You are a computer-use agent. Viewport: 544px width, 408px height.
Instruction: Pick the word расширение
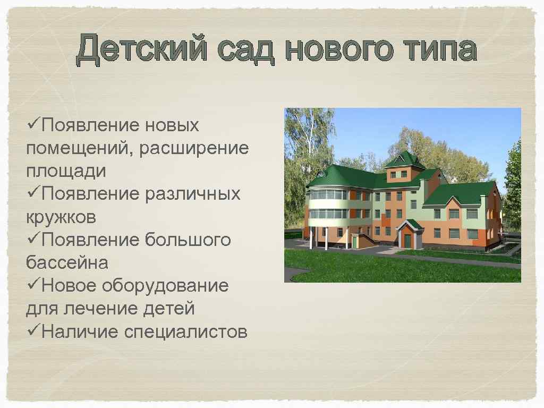click(193, 149)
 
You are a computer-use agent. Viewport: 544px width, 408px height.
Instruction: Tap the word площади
click(65, 172)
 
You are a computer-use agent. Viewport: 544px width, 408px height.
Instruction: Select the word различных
click(192, 194)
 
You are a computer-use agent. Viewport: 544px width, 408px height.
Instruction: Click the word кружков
click(62, 217)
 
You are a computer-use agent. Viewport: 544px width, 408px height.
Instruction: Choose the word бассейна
click(67, 263)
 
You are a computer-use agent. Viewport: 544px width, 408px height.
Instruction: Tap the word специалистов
click(185, 331)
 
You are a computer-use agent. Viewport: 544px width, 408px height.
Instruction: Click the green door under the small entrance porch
click(407, 241)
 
